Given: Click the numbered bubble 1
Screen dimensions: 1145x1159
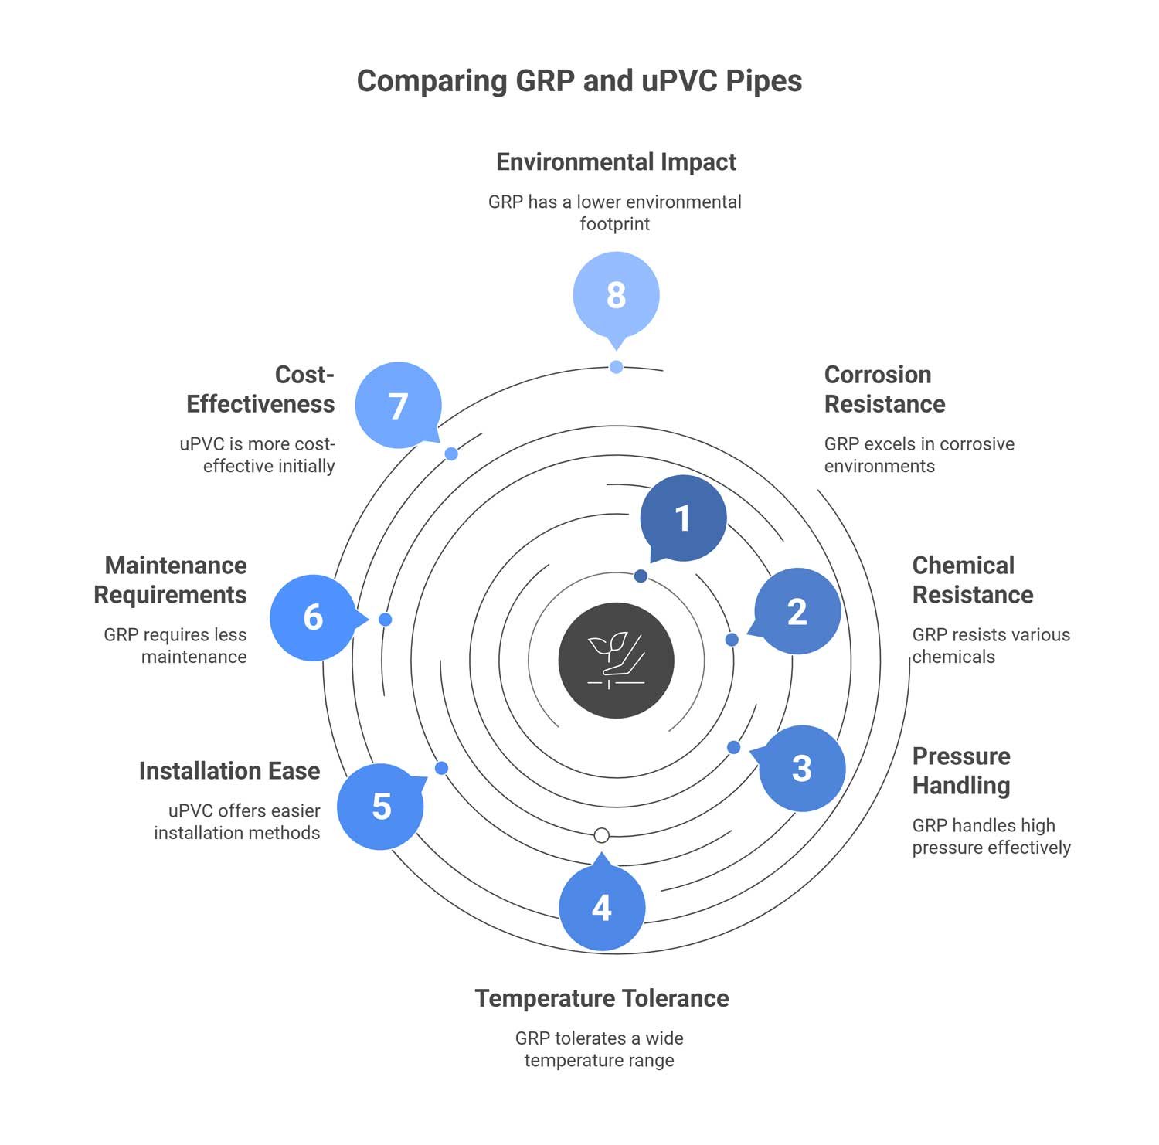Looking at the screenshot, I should pyautogui.click(x=683, y=518).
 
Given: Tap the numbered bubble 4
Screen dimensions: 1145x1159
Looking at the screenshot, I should pyautogui.click(x=601, y=908).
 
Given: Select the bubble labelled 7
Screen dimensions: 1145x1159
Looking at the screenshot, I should pyautogui.click(x=398, y=406).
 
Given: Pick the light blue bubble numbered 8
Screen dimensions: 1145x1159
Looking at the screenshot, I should pyautogui.click(x=616, y=295).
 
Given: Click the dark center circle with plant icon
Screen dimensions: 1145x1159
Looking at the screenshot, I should pyautogui.click(x=616, y=661).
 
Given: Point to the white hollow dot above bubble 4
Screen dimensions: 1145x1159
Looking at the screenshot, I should pyautogui.click(x=602, y=835).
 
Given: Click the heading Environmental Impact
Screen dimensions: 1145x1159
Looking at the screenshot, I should pyautogui.click(x=616, y=161).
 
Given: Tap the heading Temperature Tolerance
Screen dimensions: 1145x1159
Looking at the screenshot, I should pyautogui.click(x=601, y=998).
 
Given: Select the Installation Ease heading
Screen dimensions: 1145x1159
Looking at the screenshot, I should pyautogui.click(x=229, y=771).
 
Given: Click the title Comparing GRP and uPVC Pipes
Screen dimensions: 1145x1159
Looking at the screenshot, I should pyautogui.click(x=579, y=81).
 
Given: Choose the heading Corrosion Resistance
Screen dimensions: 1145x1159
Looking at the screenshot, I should pyautogui.click(x=884, y=389).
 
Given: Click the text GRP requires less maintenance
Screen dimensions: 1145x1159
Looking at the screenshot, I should pyautogui.click(x=175, y=646).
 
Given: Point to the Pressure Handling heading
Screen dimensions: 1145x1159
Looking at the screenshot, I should pyautogui.click(x=961, y=770).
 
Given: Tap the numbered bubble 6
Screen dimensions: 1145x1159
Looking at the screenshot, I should pyautogui.click(x=313, y=617).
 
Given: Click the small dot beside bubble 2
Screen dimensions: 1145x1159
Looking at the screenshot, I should pyautogui.click(x=732, y=640).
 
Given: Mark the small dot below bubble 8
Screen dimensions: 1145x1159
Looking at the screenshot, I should pyautogui.click(x=616, y=367).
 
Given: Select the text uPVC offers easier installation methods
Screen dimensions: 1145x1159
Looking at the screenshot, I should pyautogui.click(x=237, y=821).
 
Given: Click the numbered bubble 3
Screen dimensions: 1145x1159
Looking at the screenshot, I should pyautogui.click(x=802, y=768).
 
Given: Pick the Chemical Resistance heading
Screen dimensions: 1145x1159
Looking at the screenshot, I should pyautogui.click(x=972, y=580).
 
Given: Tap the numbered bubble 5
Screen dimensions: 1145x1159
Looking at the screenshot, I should pyautogui.click(x=381, y=807).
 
